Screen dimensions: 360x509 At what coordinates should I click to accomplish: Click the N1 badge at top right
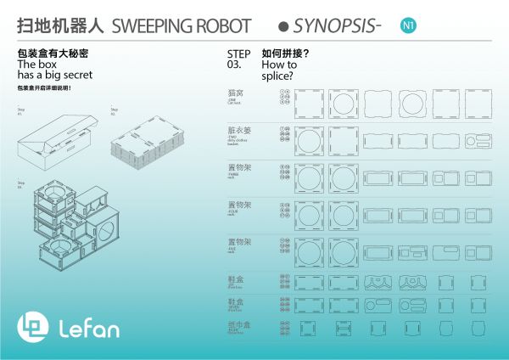(409, 25)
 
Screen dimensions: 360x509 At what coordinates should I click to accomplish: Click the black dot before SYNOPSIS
(282, 26)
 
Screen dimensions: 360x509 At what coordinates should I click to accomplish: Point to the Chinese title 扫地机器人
(60, 25)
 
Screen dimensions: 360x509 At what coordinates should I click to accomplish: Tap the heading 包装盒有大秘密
(53, 53)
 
